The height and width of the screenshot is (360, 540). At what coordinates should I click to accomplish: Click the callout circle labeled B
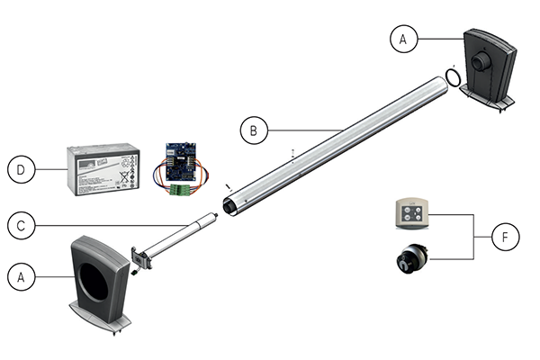(x=254, y=130)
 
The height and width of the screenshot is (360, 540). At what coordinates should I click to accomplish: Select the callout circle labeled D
(x=20, y=168)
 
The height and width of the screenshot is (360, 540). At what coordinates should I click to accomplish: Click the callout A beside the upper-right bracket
(x=404, y=39)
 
